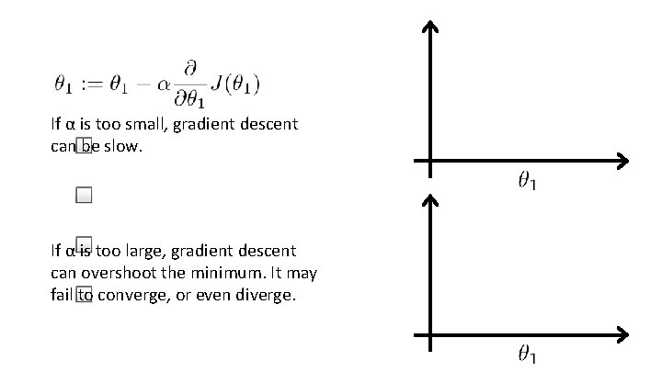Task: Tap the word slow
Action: pyautogui.click(x=124, y=146)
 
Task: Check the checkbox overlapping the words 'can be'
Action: pyautogui.click(x=85, y=146)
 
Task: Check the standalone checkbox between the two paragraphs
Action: pyautogui.click(x=85, y=195)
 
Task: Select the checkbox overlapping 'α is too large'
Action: pyautogui.click(x=85, y=244)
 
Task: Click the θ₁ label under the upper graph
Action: pyautogui.click(x=527, y=182)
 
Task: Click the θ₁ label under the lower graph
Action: pyautogui.click(x=527, y=354)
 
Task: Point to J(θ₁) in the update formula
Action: pyautogui.click(x=235, y=85)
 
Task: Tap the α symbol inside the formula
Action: pyautogui.click(x=164, y=85)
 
